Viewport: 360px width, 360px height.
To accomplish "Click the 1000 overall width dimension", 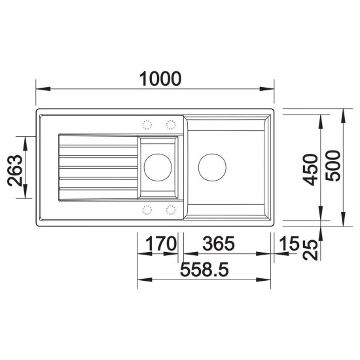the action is coord(160,79).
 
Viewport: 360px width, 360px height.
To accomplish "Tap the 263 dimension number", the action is coord(15,170).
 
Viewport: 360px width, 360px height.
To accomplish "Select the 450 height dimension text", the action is coord(310,170).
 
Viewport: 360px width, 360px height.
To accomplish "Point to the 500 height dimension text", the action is coord(333,166).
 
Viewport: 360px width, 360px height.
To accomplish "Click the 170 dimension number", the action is coord(161,243).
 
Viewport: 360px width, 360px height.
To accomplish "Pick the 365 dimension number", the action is coord(219,243).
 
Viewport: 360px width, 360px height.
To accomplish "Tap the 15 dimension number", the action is coord(290,243).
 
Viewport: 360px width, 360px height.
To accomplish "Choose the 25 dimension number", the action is coord(310,250).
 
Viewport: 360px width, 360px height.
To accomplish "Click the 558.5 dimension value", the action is coord(204,270).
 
